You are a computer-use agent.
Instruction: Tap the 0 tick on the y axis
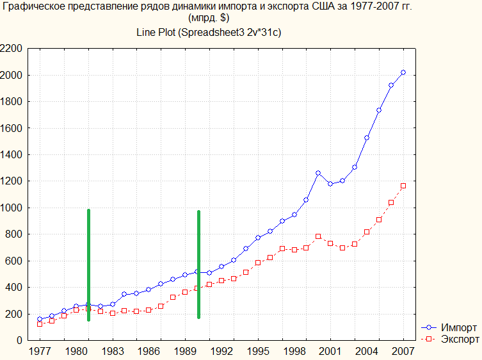[x=20, y=340]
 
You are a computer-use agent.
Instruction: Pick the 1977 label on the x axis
[x=40, y=351]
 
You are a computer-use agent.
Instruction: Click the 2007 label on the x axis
[x=403, y=351]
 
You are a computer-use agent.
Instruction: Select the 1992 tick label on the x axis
[x=221, y=351]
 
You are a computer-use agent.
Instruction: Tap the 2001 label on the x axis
[x=330, y=351]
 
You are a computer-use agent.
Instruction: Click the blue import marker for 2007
[x=403, y=72]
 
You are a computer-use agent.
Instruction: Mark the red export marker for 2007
[x=403, y=186]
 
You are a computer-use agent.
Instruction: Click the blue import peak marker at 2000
[x=318, y=173]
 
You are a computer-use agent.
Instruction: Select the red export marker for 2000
[x=318, y=236]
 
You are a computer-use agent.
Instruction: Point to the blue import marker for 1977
[x=40, y=319]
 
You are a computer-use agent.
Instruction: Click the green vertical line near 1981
[x=88, y=263]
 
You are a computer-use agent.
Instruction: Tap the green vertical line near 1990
[x=198, y=263]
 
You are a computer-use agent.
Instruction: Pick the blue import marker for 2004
[x=367, y=138]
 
